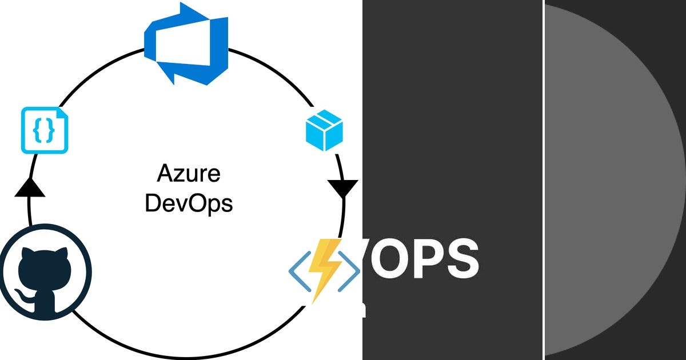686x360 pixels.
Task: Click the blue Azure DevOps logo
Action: (x=186, y=43)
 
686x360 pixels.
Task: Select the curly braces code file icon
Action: (x=45, y=131)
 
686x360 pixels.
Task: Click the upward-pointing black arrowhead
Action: (x=29, y=188)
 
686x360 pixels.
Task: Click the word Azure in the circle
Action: (x=188, y=173)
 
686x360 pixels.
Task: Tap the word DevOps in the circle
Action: (x=189, y=203)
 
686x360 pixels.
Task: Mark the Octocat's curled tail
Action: (x=22, y=297)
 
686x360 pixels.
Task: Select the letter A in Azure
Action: (x=164, y=173)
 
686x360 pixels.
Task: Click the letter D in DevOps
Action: (x=153, y=203)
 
